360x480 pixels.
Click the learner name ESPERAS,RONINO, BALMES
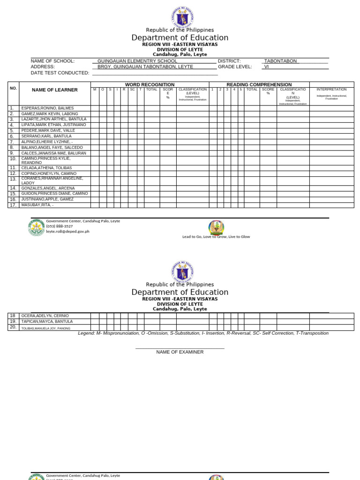tap(47, 108)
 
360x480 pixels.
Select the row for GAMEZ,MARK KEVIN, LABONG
tap(49, 114)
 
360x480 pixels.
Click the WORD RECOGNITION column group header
tap(150, 84)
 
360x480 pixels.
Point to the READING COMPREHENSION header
tap(259, 84)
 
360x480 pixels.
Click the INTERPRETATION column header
tap(331, 89)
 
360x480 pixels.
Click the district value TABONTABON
tap(280, 61)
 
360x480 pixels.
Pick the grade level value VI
tap(267, 67)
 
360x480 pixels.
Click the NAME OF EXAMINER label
tap(180, 352)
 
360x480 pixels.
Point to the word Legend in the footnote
tap(86, 333)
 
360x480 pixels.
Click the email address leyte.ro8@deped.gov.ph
tap(67, 232)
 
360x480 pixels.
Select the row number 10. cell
tap(13, 159)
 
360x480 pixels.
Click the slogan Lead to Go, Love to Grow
tap(216, 237)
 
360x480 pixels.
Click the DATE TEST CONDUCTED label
tap(60, 73)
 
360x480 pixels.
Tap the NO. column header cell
tap(13, 88)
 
